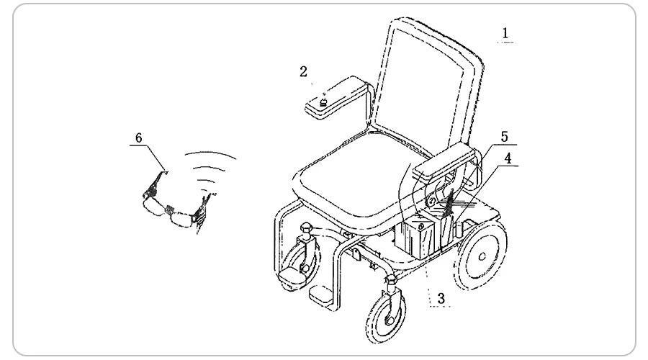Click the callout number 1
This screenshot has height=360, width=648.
click(505, 32)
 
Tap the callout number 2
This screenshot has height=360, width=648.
click(303, 71)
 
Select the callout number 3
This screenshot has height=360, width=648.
click(441, 298)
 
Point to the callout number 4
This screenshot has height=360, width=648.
click(508, 158)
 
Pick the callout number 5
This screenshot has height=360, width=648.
click(505, 137)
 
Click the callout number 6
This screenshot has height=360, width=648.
click(139, 138)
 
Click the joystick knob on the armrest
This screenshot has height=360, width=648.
click(323, 102)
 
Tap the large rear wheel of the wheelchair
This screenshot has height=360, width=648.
click(481, 255)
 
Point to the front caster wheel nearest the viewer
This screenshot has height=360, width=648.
click(386, 317)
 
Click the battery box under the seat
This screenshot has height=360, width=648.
click(415, 239)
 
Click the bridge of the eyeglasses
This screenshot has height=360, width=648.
click(168, 209)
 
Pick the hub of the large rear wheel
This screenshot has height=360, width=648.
click(482, 256)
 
